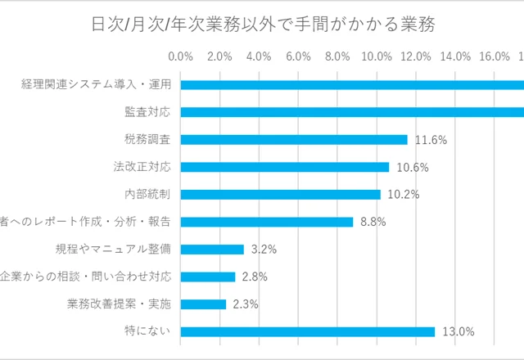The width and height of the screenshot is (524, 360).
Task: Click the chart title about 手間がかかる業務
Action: coord(263,24)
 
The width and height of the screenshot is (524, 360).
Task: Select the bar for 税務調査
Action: coord(293,140)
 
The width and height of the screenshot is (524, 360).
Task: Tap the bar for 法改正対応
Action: coord(284,167)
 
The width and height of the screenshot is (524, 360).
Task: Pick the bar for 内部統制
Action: coord(280,195)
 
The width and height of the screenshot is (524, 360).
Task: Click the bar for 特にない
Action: coord(307,331)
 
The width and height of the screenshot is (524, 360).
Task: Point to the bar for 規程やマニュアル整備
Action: coord(212,250)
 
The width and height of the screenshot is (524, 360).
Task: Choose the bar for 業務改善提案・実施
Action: coord(203,304)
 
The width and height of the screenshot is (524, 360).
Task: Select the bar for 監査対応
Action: coord(352,112)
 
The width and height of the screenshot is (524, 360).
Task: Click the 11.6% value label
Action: coord(431,140)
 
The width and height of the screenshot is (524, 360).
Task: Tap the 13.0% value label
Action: coord(458,331)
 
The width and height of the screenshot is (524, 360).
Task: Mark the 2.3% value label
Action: coord(242,304)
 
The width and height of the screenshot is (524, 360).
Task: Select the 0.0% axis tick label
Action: coord(180,56)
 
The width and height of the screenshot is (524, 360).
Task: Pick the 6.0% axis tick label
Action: coord(298,56)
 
